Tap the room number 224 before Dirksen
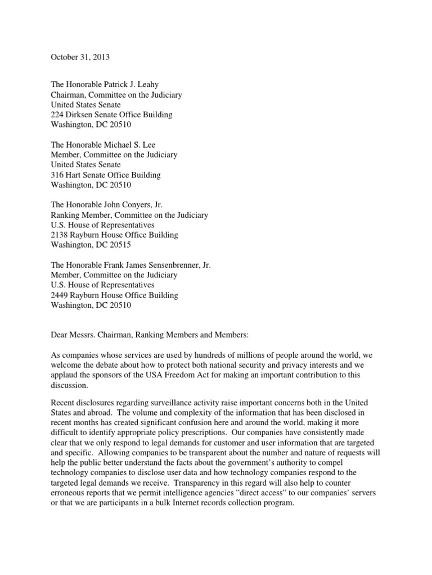58,115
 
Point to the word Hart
78,175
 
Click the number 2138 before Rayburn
61,235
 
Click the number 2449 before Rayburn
61,295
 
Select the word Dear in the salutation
60,335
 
